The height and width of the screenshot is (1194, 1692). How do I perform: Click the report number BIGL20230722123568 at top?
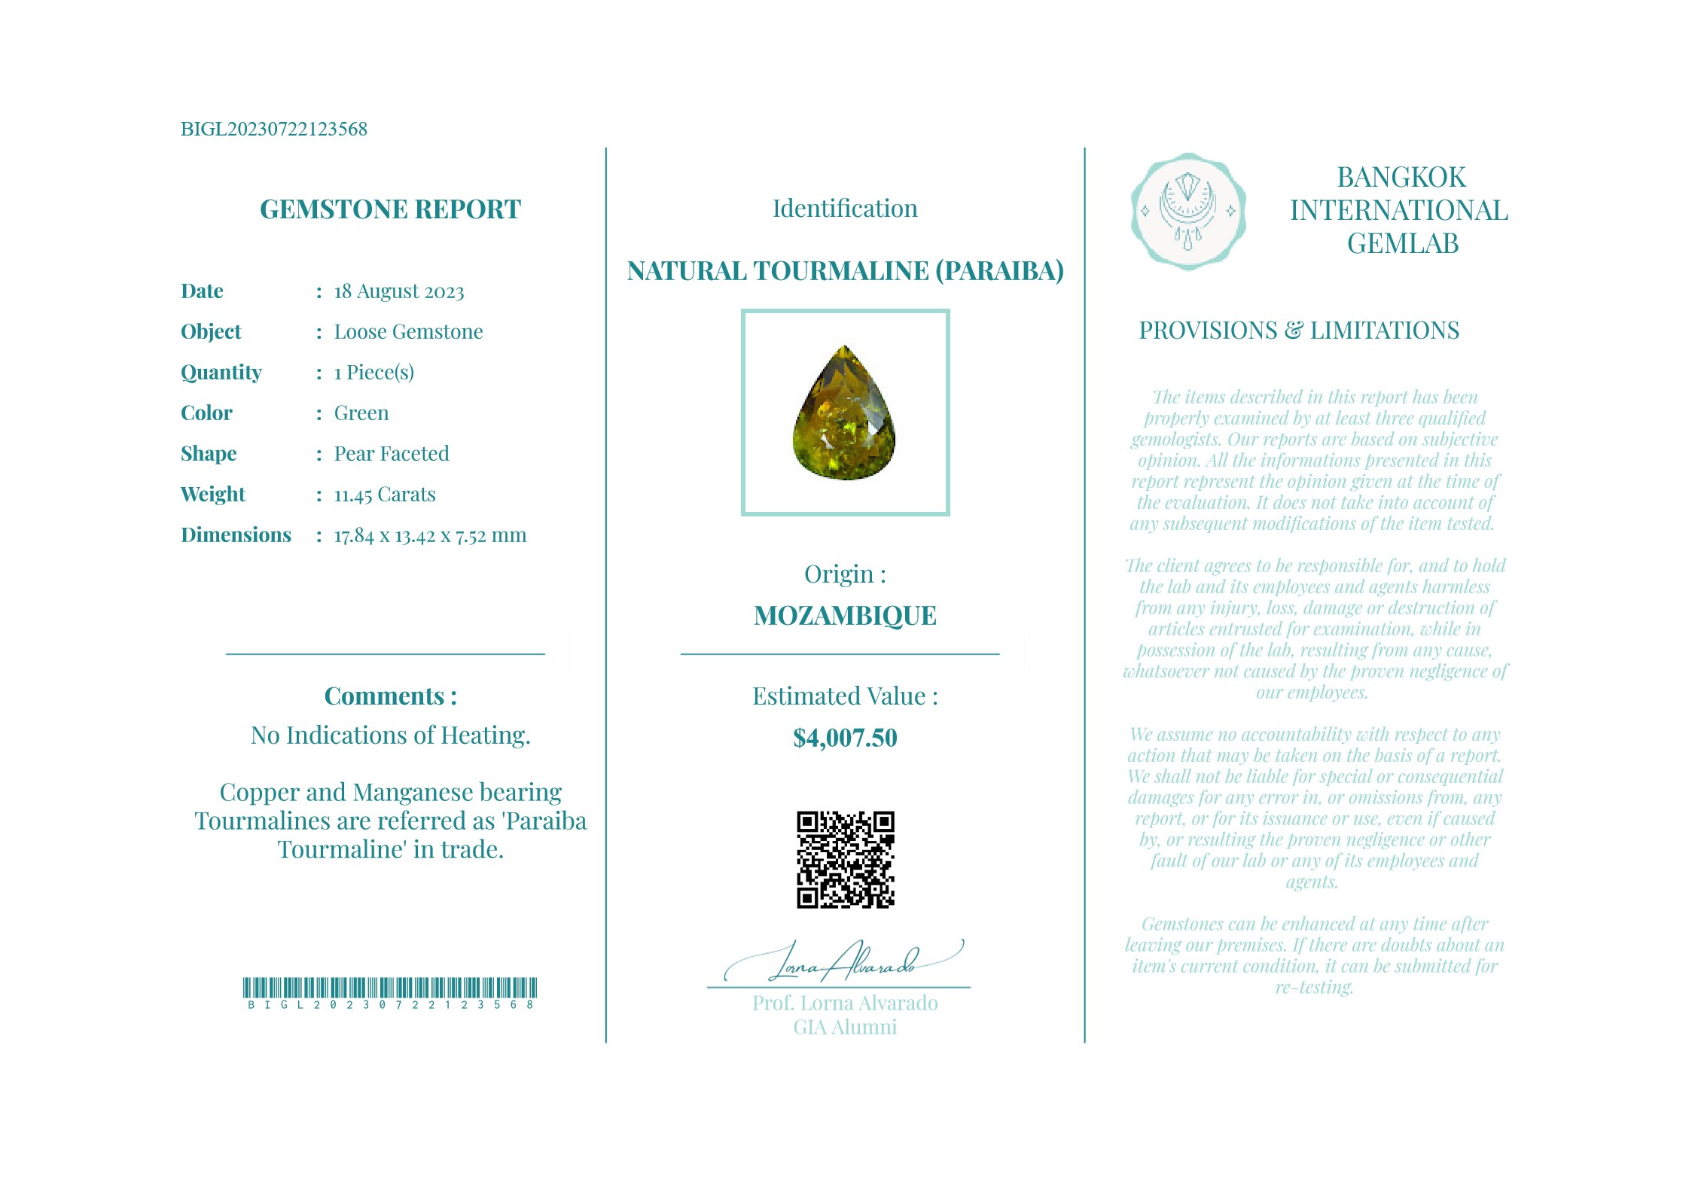tap(273, 129)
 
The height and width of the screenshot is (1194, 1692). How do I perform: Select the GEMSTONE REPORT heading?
tap(390, 209)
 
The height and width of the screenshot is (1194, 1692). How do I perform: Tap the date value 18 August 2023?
tap(398, 291)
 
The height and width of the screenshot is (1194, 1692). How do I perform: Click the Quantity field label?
tap(221, 373)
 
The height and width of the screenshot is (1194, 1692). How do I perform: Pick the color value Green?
tap(361, 413)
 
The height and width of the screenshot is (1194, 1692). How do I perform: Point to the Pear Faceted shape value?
tap(392, 454)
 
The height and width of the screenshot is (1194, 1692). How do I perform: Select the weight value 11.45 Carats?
tap(385, 495)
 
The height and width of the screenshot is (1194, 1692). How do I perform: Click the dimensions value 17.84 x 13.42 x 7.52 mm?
tap(430, 535)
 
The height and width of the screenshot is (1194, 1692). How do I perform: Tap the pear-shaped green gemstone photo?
tap(844, 414)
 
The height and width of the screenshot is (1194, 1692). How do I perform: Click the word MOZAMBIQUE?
tap(845, 616)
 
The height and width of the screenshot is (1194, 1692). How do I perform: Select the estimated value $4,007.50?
tap(845, 738)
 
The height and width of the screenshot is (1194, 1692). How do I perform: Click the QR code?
tap(845, 859)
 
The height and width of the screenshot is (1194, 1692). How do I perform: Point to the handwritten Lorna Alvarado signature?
tap(843, 961)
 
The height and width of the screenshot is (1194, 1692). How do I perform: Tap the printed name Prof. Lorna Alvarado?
tap(845, 1003)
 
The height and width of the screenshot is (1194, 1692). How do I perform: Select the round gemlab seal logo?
tap(1187, 212)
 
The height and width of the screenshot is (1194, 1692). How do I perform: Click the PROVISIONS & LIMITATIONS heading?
tap(1298, 330)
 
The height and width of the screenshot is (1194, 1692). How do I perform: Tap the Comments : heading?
tap(390, 696)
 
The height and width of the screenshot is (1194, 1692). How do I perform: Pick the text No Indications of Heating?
tap(390, 736)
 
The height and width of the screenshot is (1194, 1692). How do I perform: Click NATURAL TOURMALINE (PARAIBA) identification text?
tap(845, 271)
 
